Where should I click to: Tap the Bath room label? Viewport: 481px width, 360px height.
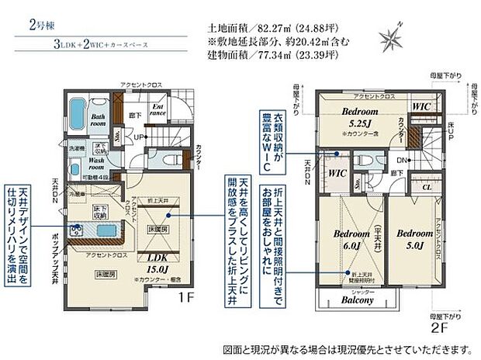tap(98, 119)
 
